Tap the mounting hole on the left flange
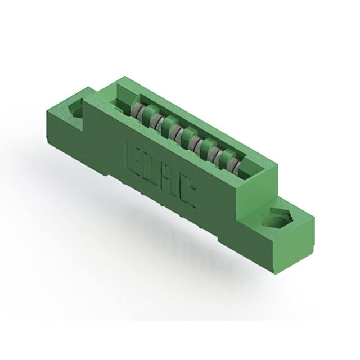(x=77, y=110)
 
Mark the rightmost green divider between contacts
(x=224, y=159)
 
